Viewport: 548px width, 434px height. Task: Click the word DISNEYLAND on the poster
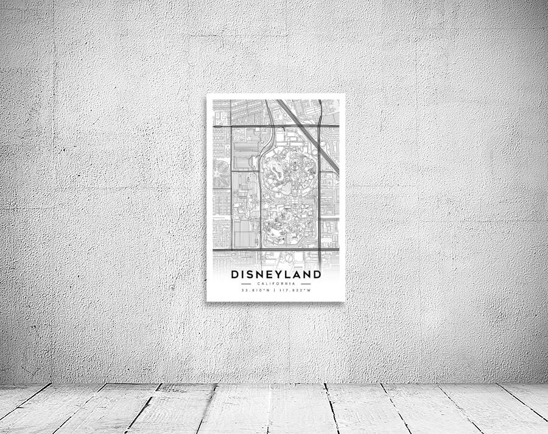pos(276,274)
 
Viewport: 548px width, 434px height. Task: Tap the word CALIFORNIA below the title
pos(276,283)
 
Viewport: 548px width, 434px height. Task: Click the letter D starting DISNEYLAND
pos(235,274)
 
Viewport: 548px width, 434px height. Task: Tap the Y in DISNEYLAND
pos(283,274)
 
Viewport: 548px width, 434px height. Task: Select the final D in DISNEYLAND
pos(317,274)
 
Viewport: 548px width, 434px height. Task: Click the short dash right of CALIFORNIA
pos(306,283)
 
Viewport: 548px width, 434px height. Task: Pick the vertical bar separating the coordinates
pos(276,290)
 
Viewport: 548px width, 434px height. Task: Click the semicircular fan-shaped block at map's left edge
pos(220,174)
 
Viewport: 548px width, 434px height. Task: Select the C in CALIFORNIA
pos(259,283)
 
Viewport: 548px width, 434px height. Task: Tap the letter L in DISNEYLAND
pos(292,274)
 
